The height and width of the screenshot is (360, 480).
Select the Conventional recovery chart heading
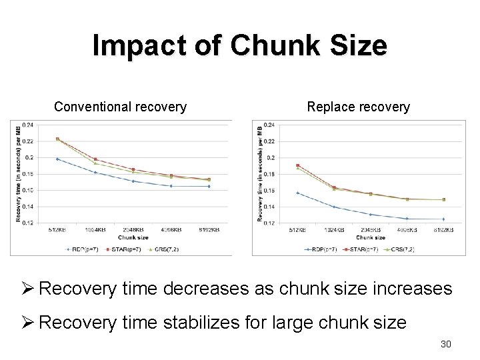[x=120, y=107]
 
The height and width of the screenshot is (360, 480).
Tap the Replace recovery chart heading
[x=358, y=107]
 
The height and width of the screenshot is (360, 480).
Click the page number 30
[x=446, y=344]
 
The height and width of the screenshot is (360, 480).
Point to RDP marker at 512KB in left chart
[x=57, y=159]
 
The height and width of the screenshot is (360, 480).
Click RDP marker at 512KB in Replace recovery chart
[x=297, y=193]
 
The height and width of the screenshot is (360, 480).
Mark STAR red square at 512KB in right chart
[x=297, y=165]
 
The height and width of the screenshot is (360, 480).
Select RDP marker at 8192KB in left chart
[x=209, y=186]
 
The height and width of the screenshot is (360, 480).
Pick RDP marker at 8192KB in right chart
[x=443, y=219]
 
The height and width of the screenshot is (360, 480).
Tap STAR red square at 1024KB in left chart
[x=95, y=159]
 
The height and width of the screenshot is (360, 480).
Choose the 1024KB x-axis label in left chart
[x=95, y=229]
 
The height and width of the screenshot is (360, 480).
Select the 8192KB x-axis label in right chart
[x=443, y=230]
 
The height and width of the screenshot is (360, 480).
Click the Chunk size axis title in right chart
[x=371, y=237]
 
